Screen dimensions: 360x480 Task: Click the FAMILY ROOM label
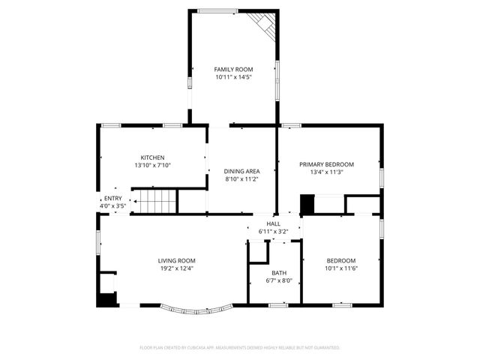click(x=233, y=69)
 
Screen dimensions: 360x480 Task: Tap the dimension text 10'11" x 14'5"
click(x=233, y=76)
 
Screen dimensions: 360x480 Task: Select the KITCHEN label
click(x=153, y=157)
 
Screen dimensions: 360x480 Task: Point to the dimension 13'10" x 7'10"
click(x=153, y=165)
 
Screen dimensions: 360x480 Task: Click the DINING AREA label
click(x=242, y=172)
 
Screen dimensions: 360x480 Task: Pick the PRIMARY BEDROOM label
click(x=326, y=164)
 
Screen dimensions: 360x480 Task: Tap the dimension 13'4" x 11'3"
click(x=326, y=172)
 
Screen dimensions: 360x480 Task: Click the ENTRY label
click(x=112, y=198)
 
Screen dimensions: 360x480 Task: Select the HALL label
click(x=273, y=223)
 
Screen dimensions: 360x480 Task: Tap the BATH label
click(x=279, y=273)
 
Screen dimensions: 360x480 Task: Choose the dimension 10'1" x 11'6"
click(x=340, y=268)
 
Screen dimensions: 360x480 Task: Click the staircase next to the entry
click(x=155, y=201)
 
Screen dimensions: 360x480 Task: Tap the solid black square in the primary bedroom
click(x=307, y=204)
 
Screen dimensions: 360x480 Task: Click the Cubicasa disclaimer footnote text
click(x=240, y=348)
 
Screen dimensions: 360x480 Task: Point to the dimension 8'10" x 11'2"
click(x=242, y=179)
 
